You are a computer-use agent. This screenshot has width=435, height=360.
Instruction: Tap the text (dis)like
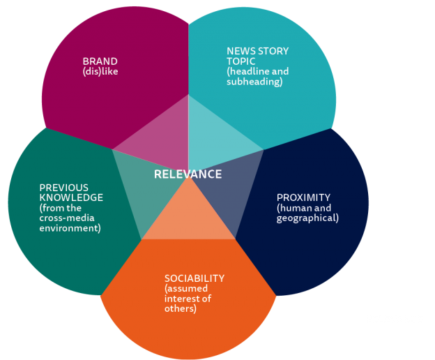[x=100, y=70]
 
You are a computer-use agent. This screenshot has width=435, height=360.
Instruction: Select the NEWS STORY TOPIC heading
[x=257, y=56]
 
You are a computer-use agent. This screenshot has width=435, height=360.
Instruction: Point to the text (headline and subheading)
[x=257, y=77]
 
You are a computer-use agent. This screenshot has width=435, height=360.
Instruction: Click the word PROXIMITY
[x=303, y=197]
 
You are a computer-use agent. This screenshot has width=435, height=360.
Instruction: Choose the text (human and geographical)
[x=307, y=213]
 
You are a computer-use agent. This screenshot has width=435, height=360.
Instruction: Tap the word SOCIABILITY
[x=194, y=278]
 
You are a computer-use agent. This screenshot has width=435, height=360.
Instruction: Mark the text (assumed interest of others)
[x=188, y=299]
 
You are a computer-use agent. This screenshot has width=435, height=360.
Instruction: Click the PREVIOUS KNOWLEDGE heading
[x=70, y=193]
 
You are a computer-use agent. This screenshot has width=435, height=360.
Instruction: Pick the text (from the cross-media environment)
[x=70, y=218]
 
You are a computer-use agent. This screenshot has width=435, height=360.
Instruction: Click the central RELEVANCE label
[x=188, y=174]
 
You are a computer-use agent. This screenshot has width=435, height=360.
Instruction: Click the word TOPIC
[x=241, y=61]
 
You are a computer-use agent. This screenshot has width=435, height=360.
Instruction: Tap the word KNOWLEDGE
[x=70, y=197]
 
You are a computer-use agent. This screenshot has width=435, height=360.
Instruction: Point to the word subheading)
[x=254, y=82]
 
